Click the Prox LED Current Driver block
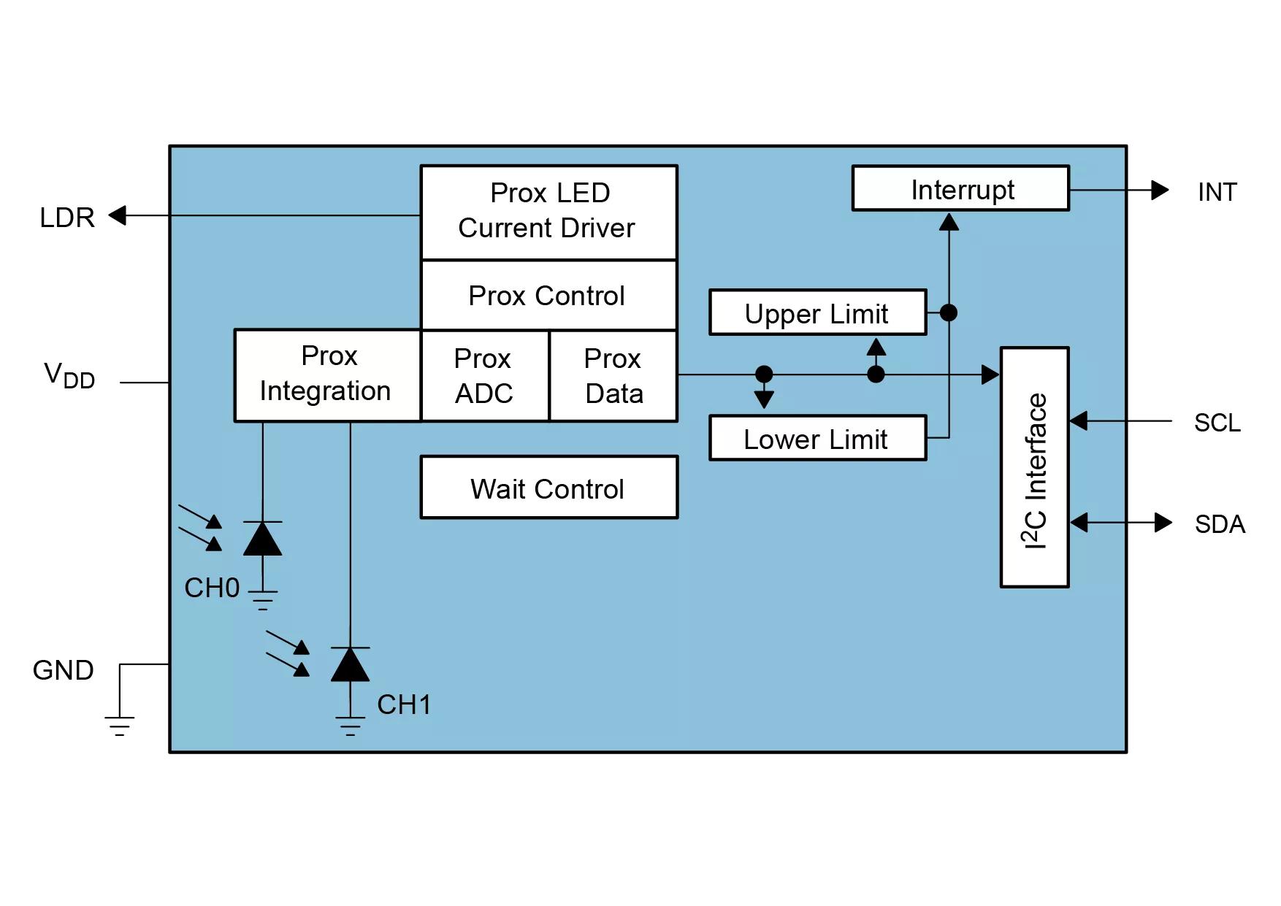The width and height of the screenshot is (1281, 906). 549,212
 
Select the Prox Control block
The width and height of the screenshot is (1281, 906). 549,295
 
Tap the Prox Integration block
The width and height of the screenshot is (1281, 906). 328,375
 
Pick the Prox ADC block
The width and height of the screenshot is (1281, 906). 485,375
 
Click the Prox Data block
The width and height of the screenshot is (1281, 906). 613,375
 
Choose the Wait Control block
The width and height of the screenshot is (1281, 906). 549,488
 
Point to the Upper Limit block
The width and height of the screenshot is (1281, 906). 818,312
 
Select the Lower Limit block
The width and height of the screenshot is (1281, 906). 818,438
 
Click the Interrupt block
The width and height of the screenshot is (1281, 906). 961,188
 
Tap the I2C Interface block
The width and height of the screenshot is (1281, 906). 1035,467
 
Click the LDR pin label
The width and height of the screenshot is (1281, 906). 67,218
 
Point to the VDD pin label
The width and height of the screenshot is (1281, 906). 69,375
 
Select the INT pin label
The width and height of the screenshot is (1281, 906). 1217,192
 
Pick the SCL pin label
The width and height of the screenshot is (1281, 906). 1217,423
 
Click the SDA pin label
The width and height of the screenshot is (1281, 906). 1220,524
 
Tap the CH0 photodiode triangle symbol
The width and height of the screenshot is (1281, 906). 262,539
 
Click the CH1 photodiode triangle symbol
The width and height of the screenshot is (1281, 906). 350,664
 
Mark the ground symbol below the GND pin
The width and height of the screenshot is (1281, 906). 119,726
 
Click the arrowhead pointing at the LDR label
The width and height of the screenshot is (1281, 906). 117,215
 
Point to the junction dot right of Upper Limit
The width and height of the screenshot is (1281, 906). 949,312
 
